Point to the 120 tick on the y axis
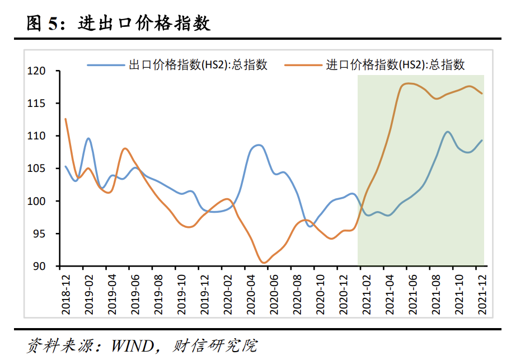[45, 71]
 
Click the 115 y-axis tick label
[45, 104]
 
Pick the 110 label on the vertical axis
[45, 136]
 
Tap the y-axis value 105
[45, 169]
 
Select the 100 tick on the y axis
[45, 201]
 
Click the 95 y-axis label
[48, 233]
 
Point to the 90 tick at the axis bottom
[48, 266]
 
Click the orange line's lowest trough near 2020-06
[264, 262]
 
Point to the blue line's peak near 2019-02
[88, 138]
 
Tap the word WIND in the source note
[133, 345]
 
